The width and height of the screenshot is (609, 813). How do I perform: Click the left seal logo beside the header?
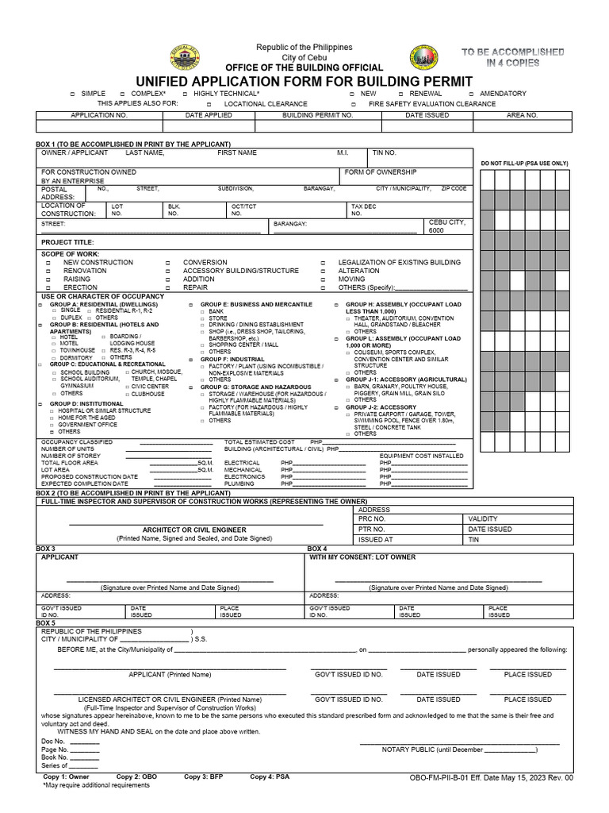(185, 60)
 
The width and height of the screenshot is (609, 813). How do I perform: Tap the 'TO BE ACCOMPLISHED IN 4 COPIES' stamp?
(513, 57)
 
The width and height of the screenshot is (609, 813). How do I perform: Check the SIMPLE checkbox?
(72, 94)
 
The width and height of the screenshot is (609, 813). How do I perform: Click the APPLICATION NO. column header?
(99, 115)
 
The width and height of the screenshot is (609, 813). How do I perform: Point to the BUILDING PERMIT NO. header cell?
(317, 115)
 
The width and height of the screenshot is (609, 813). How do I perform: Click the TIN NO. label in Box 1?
(385, 152)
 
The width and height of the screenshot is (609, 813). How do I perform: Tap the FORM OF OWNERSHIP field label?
(380, 172)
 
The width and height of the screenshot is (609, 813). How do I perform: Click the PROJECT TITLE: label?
(67, 242)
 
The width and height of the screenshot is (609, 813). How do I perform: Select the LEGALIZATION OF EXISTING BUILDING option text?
(399, 262)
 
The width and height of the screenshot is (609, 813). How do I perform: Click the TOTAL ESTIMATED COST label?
(259, 441)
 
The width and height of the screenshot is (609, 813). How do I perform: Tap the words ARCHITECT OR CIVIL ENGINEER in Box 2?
(194, 530)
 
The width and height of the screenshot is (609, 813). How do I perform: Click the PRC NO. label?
(372, 518)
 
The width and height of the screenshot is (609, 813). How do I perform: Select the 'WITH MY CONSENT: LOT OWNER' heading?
(362, 557)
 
